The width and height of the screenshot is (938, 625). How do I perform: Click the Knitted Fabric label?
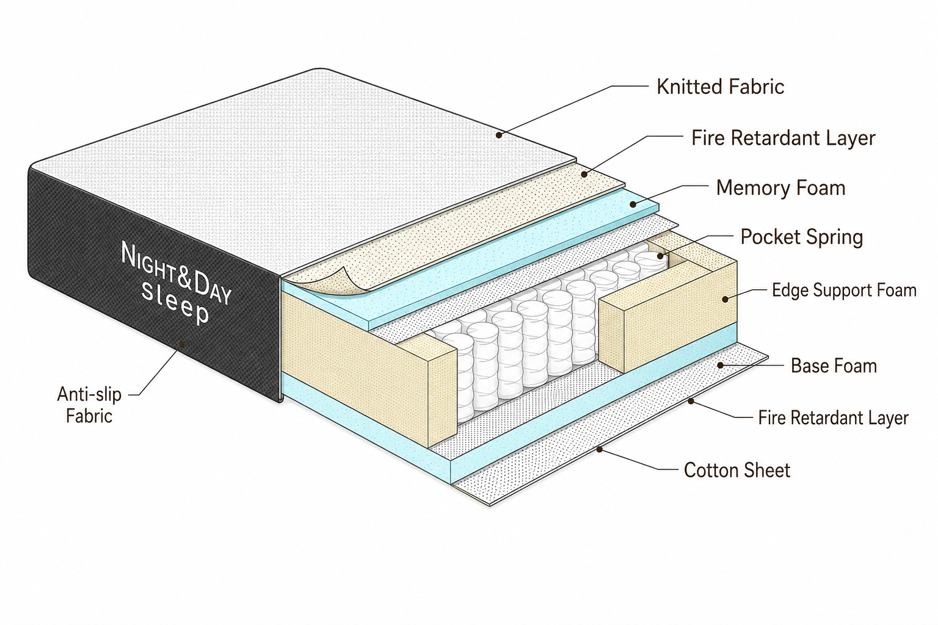coord(720,87)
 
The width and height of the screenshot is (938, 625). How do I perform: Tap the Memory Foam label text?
coord(780,188)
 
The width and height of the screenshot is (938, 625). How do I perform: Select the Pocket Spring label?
coord(801,237)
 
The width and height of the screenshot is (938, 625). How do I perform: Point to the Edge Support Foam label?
coord(844,291)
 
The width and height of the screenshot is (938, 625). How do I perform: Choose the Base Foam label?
coord(834,366)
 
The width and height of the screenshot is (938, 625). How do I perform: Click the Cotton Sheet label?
coord(737,470)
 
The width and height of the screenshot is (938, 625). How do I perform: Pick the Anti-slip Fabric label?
coord(89,405)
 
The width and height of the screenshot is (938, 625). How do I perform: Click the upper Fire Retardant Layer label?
coord(783,138)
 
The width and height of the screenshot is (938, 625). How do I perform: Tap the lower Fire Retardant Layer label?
coord(834,417)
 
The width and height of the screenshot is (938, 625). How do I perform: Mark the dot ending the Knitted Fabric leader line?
coord(499,135)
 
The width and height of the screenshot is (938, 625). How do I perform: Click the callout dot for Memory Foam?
coord(633,204)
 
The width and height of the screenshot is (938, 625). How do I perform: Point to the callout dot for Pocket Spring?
coord(660,256)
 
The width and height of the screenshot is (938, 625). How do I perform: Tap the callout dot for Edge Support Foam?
coord(725,299)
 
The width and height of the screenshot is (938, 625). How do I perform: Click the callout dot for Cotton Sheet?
coord(599,449)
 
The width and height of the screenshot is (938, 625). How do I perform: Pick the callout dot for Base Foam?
coord(720,365)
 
